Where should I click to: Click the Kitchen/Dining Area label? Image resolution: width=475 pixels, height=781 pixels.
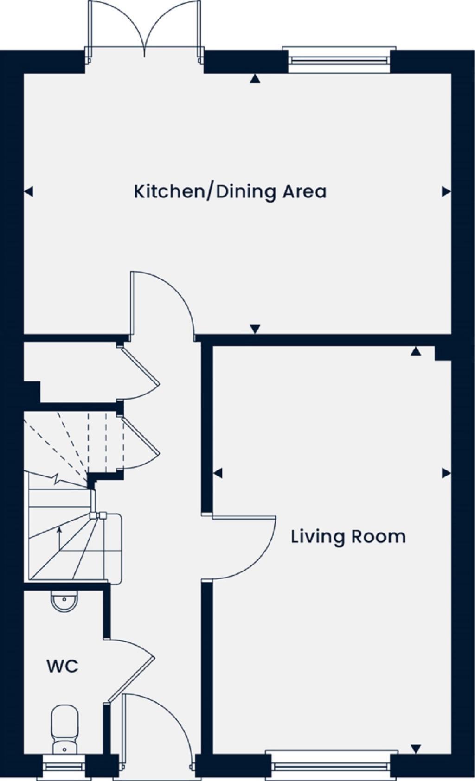(x=230, y=191)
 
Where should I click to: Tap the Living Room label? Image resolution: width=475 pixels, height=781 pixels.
(x=348, y=537)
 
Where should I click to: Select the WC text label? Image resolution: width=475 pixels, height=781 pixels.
(x=62, y=667)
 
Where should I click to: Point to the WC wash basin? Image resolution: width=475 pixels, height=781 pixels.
(x=64, y=602)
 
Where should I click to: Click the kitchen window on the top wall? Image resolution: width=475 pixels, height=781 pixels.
(x=339, y=59)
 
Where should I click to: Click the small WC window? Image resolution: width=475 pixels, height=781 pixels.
(x=64, y=767)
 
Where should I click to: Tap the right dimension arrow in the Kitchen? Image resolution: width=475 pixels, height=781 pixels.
(x=446, y=191)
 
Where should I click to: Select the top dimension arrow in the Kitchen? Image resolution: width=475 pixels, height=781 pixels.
(x=254, y=79)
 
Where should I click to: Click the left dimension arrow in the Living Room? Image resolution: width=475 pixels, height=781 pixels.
(x=218, y=473)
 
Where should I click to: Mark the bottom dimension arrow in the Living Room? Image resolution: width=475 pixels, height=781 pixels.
(x=416, y=749)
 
